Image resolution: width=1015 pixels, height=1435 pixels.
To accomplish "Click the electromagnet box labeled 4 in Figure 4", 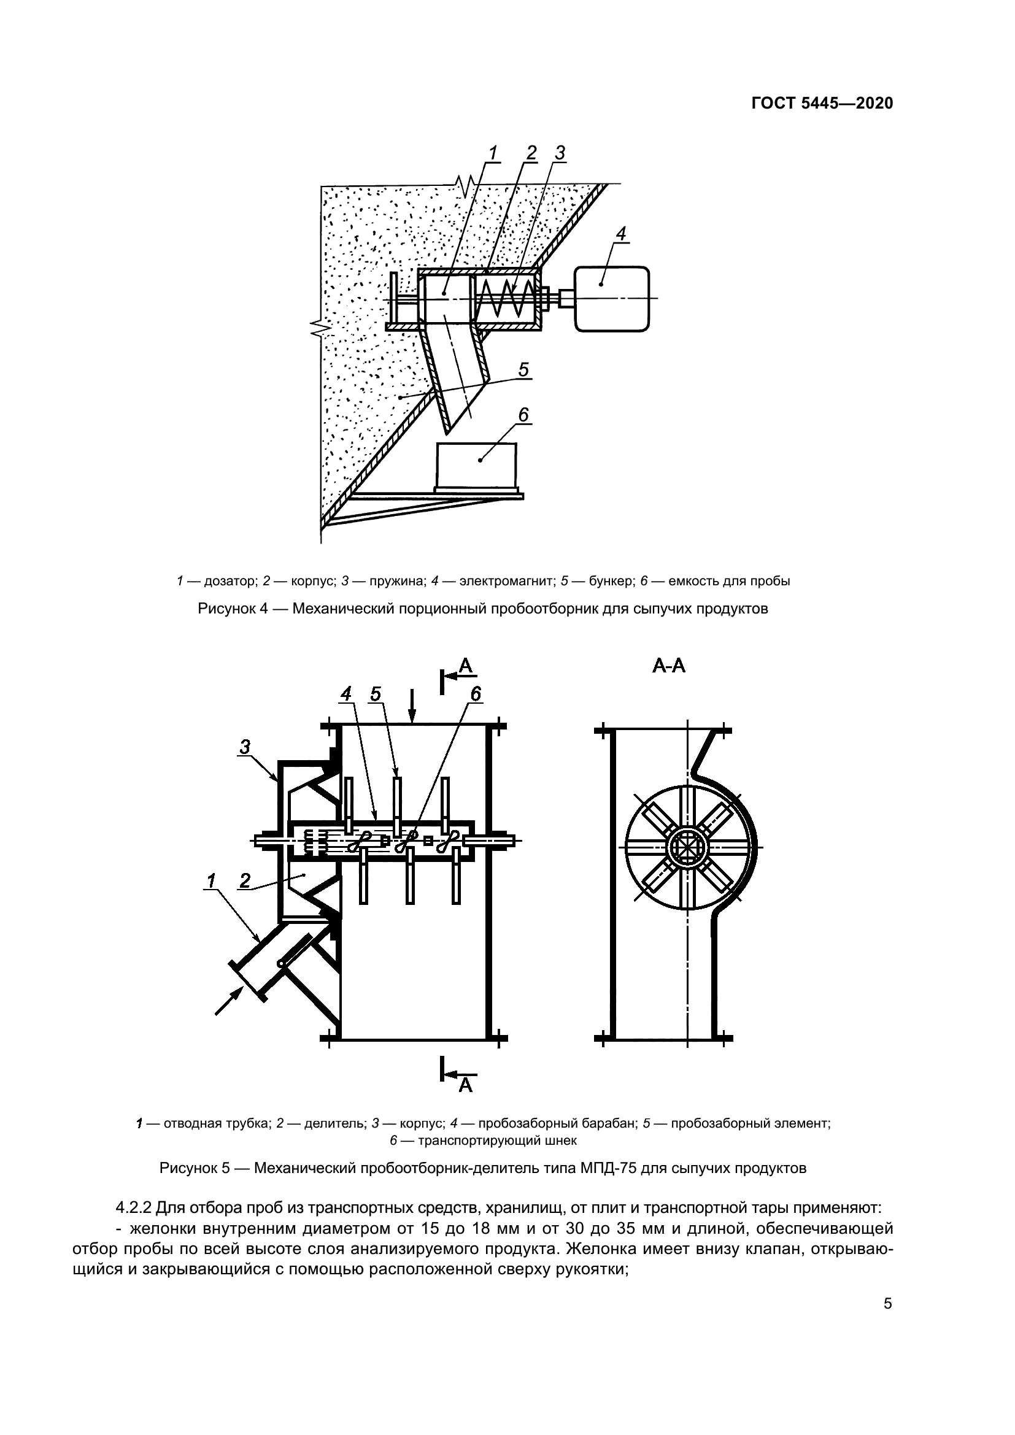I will (x=611, y=298).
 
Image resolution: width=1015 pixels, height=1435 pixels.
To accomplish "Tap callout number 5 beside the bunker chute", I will (x=523, y=370).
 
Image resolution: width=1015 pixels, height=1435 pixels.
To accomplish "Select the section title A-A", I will (x=669, y=666).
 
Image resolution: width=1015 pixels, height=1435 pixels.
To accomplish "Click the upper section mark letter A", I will (x=466, y=666).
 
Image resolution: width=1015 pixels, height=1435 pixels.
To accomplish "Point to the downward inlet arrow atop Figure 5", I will (x=412, y=705).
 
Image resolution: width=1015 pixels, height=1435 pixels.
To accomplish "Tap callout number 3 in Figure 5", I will (x=245, y=746).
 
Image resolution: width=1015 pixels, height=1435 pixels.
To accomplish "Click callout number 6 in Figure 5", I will (x=476, y=693).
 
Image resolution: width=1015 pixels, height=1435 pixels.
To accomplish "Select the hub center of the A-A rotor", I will (x=687, y=848).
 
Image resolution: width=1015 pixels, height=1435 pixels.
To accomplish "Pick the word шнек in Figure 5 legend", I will (x=562, y=1141).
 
